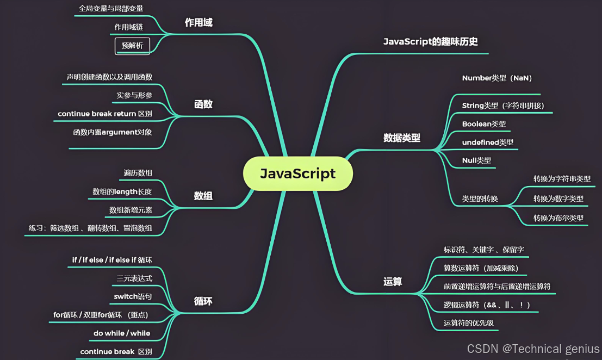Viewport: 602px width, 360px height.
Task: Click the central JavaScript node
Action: (297, 173)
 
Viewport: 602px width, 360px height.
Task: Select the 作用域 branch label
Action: (198, 23)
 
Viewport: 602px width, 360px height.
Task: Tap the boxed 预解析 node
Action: (132, 46)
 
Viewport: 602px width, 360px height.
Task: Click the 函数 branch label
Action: (203, 104)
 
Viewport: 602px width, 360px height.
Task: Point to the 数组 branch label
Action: (203, 196)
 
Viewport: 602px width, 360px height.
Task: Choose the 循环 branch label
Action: (203, 301)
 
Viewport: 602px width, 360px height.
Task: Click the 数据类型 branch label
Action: (402, 138)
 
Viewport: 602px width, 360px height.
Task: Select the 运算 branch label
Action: (393, 281)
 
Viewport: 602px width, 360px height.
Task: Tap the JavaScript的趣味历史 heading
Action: (430, 42)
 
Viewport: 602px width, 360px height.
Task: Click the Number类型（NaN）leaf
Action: (497, 78)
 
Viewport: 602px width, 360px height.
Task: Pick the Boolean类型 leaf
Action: (483, 124)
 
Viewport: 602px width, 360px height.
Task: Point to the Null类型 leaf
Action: (476, 160)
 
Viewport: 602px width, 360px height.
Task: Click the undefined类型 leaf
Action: (487, 142)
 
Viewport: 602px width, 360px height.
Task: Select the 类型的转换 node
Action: (480, 198)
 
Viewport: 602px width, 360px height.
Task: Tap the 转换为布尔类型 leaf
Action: (558, 218)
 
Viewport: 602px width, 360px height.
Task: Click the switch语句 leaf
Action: (133, 296)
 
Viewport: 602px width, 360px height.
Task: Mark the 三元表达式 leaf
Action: (134, 278)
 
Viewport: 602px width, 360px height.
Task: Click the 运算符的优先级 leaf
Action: (468, 322)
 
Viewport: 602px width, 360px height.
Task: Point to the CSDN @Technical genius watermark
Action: (533, 349)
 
